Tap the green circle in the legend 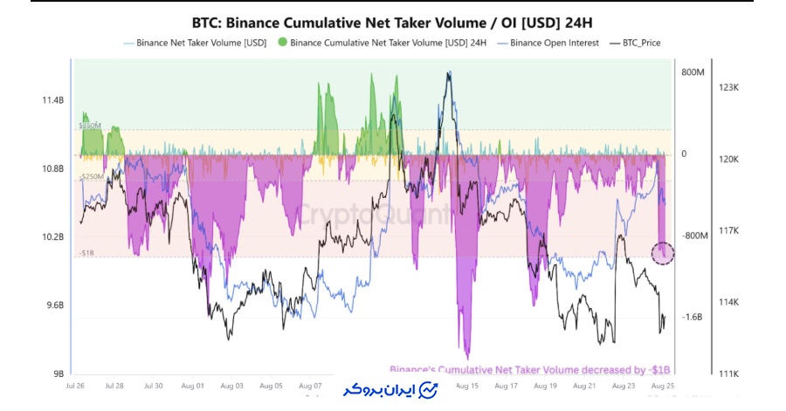[282, 42]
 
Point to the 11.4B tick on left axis [53, 101]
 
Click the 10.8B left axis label [53, 169]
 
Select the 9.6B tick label [53, 305]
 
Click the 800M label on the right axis [692, 72]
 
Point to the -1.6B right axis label [693, 318]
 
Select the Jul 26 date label [75, 385]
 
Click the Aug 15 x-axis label [467, 385]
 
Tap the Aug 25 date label [662, 385]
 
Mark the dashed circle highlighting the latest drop [663, 253]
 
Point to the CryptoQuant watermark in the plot [376, 214]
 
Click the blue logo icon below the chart [429, 390]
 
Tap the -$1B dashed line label [86, 253]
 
